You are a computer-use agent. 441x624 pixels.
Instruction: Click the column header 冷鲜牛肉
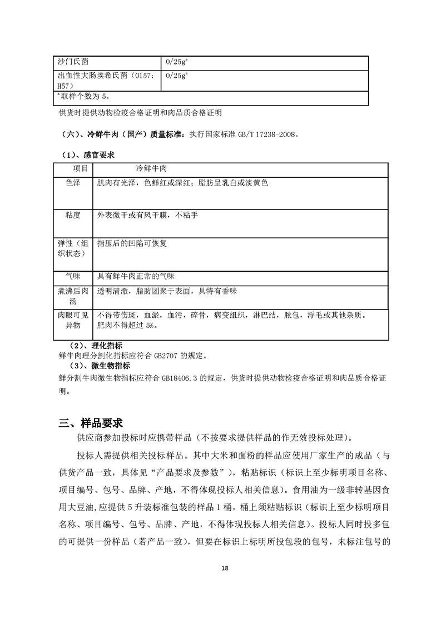152,168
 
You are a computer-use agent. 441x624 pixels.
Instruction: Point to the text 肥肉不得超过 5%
126,326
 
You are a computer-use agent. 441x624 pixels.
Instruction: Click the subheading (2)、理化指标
98,346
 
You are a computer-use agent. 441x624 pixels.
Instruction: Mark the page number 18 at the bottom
225,568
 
